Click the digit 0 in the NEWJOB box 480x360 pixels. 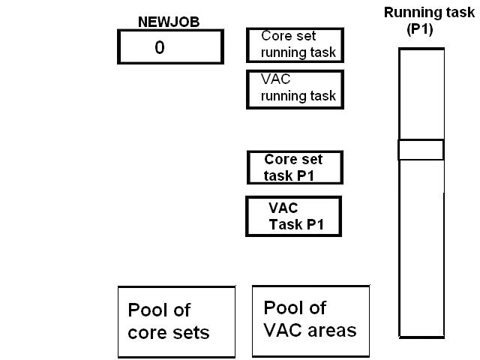point(159,47)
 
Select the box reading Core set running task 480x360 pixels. point(295,45)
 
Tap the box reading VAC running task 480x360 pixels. point(295,88)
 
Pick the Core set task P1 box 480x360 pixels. point(295,167)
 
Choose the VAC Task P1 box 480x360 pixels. point(293,216)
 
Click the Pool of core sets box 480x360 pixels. point(176,321)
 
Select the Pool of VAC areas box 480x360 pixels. point(310,319)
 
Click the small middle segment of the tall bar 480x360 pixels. point(421,149)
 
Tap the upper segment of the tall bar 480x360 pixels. point(421,94)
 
